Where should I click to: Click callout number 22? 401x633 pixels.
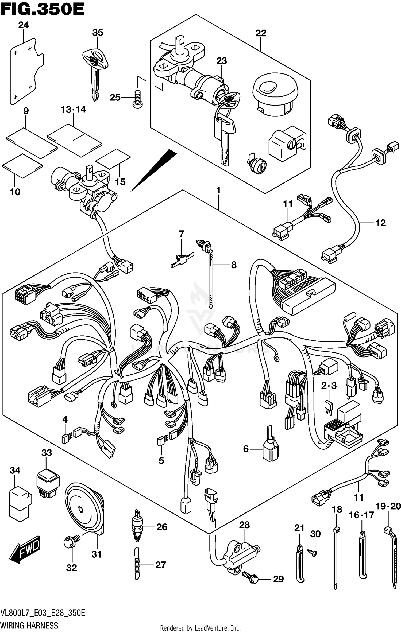click(x=261, y=33)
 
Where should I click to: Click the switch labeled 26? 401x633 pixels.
click(x=137, y=527)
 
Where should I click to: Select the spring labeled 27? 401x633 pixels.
click(x=137, y=564)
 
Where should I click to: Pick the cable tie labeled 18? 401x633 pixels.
click(x=336, y=558)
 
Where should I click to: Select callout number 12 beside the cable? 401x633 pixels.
click(x=381, y=223)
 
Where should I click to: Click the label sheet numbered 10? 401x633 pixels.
click(x=23, y=166)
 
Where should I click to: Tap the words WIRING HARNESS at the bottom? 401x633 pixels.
click(x=29, y=625)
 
